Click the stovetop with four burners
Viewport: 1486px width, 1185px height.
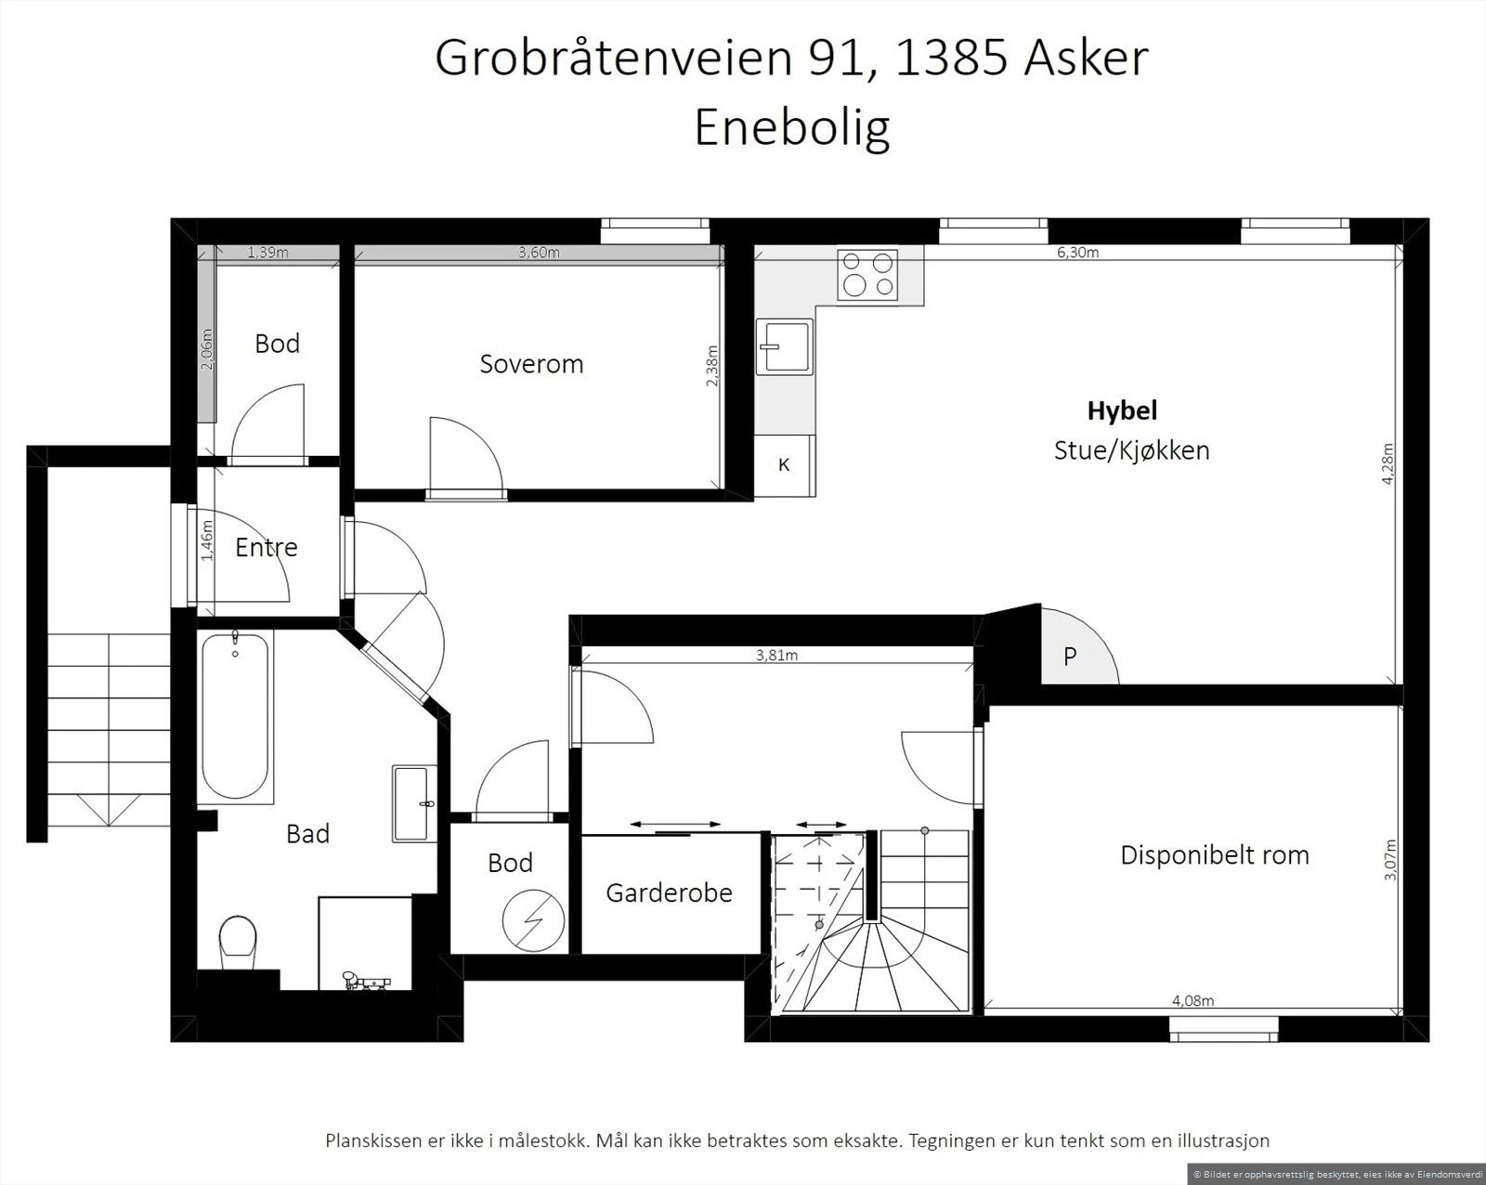(867, 275)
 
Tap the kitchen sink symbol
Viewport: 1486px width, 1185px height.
(784, 346)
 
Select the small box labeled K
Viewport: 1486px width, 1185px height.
(784, 465)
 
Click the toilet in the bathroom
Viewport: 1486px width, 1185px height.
(238, 941)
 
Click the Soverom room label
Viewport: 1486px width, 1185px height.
(531, 364)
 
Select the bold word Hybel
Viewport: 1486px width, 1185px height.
(1122, 410)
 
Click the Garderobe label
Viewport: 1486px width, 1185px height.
(669, 892)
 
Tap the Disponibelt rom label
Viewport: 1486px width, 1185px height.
(1214, 854)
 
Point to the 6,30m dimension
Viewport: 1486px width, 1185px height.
(1077, 253)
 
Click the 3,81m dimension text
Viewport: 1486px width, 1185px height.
(776, 656)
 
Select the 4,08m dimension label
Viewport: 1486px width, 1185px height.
(1193, 1001)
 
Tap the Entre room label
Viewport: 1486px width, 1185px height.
(267, 547)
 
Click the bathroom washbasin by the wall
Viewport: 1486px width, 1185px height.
(413, 803)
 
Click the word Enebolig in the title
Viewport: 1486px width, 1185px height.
(791, 127)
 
